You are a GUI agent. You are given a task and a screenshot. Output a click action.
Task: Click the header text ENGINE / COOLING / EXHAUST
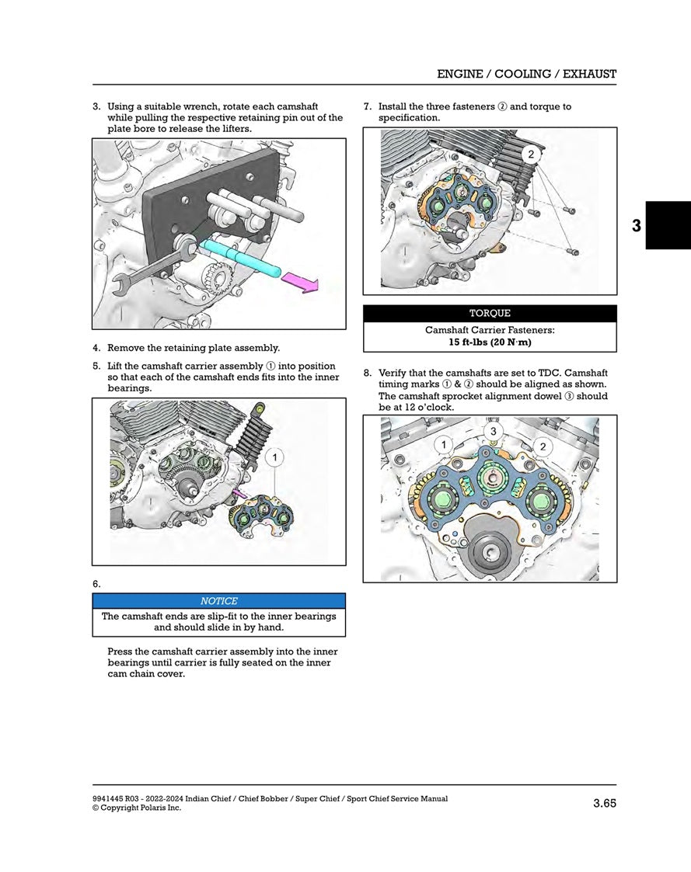pos(526,75)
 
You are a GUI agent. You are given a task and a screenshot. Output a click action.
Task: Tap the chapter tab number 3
pos(637,226)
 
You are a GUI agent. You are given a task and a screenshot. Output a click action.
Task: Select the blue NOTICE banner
pos(218,601)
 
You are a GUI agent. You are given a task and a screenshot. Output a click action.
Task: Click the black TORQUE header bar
pos(490,314)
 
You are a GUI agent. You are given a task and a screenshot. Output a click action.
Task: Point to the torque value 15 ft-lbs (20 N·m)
pos(490,342)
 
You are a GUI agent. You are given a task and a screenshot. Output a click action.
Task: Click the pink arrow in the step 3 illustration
pos(300,282)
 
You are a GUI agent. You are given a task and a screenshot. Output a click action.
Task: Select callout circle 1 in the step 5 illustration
pos(273,458)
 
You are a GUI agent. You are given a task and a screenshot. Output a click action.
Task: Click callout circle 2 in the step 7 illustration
pos(531,155)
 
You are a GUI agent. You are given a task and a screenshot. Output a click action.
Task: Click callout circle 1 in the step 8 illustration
pos(444,445)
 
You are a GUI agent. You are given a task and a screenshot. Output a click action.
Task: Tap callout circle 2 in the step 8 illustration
pos(542,446)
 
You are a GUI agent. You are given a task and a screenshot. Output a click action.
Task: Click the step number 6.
pos(96,584)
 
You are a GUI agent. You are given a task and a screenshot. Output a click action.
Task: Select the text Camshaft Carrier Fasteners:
pos(490,330)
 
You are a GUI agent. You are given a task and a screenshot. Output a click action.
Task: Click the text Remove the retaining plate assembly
pos(194,348)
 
